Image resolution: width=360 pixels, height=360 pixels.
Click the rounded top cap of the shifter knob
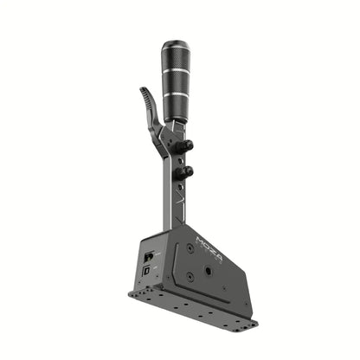coord(176,45)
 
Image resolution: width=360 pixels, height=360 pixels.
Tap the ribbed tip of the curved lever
coord(148,97)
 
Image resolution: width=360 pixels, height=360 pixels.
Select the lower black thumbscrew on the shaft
coord(184,173)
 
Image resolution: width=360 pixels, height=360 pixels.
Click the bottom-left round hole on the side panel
coord(190,277)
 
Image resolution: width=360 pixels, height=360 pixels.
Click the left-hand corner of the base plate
coord(132,292)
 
